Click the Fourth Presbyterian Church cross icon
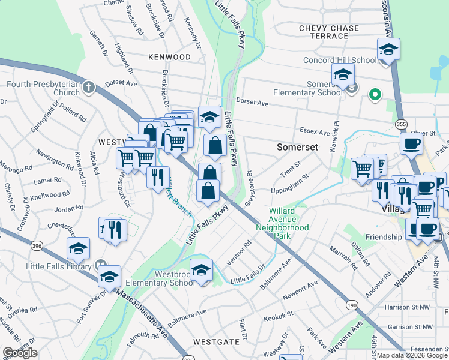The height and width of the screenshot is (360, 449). coord(89,88)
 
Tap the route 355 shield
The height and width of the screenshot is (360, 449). coord(401,124)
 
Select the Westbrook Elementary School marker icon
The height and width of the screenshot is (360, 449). coord(201,271)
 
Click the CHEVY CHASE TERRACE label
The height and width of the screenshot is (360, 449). coord(329,32)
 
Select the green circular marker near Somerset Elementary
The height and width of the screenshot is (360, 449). coord(375,94)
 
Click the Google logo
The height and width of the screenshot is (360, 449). coord(20,352)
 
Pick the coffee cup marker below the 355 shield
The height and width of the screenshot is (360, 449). coord(412,144)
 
